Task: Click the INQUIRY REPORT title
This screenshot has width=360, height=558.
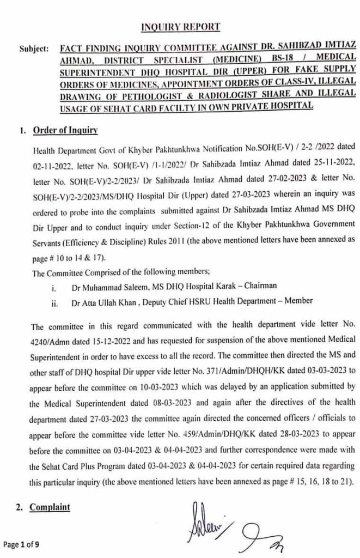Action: [179, 26]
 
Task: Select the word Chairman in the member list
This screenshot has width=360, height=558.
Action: [263, 284]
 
